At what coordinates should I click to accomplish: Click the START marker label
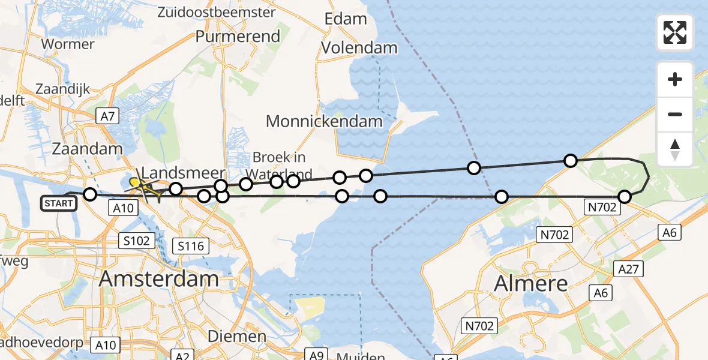coord(59,203)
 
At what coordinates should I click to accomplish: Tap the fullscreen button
coord(675,32)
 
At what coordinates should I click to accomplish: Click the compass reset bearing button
coord(675,149)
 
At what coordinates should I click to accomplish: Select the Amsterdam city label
coord(159,279)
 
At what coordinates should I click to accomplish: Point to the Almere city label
coord(531,283)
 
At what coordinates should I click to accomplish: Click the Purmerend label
coord(238,36)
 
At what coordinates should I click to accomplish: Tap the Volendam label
coord(359,48)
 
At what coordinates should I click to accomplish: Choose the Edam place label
coord(345,19)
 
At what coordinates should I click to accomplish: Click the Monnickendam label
coord(324,121)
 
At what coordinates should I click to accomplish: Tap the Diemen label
coord(238,337)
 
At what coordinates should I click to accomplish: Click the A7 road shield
coord(107,116)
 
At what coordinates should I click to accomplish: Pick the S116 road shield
coord(190,245)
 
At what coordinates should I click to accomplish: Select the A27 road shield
coord(628,269)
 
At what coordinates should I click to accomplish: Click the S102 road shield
coord(137,241)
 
